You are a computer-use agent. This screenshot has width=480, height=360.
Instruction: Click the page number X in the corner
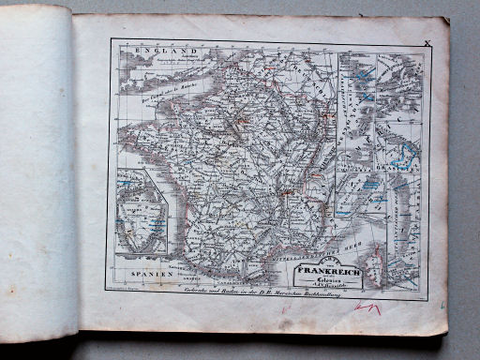coord(427,42)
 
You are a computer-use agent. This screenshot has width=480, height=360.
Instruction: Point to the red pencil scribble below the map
coord(367,307)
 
